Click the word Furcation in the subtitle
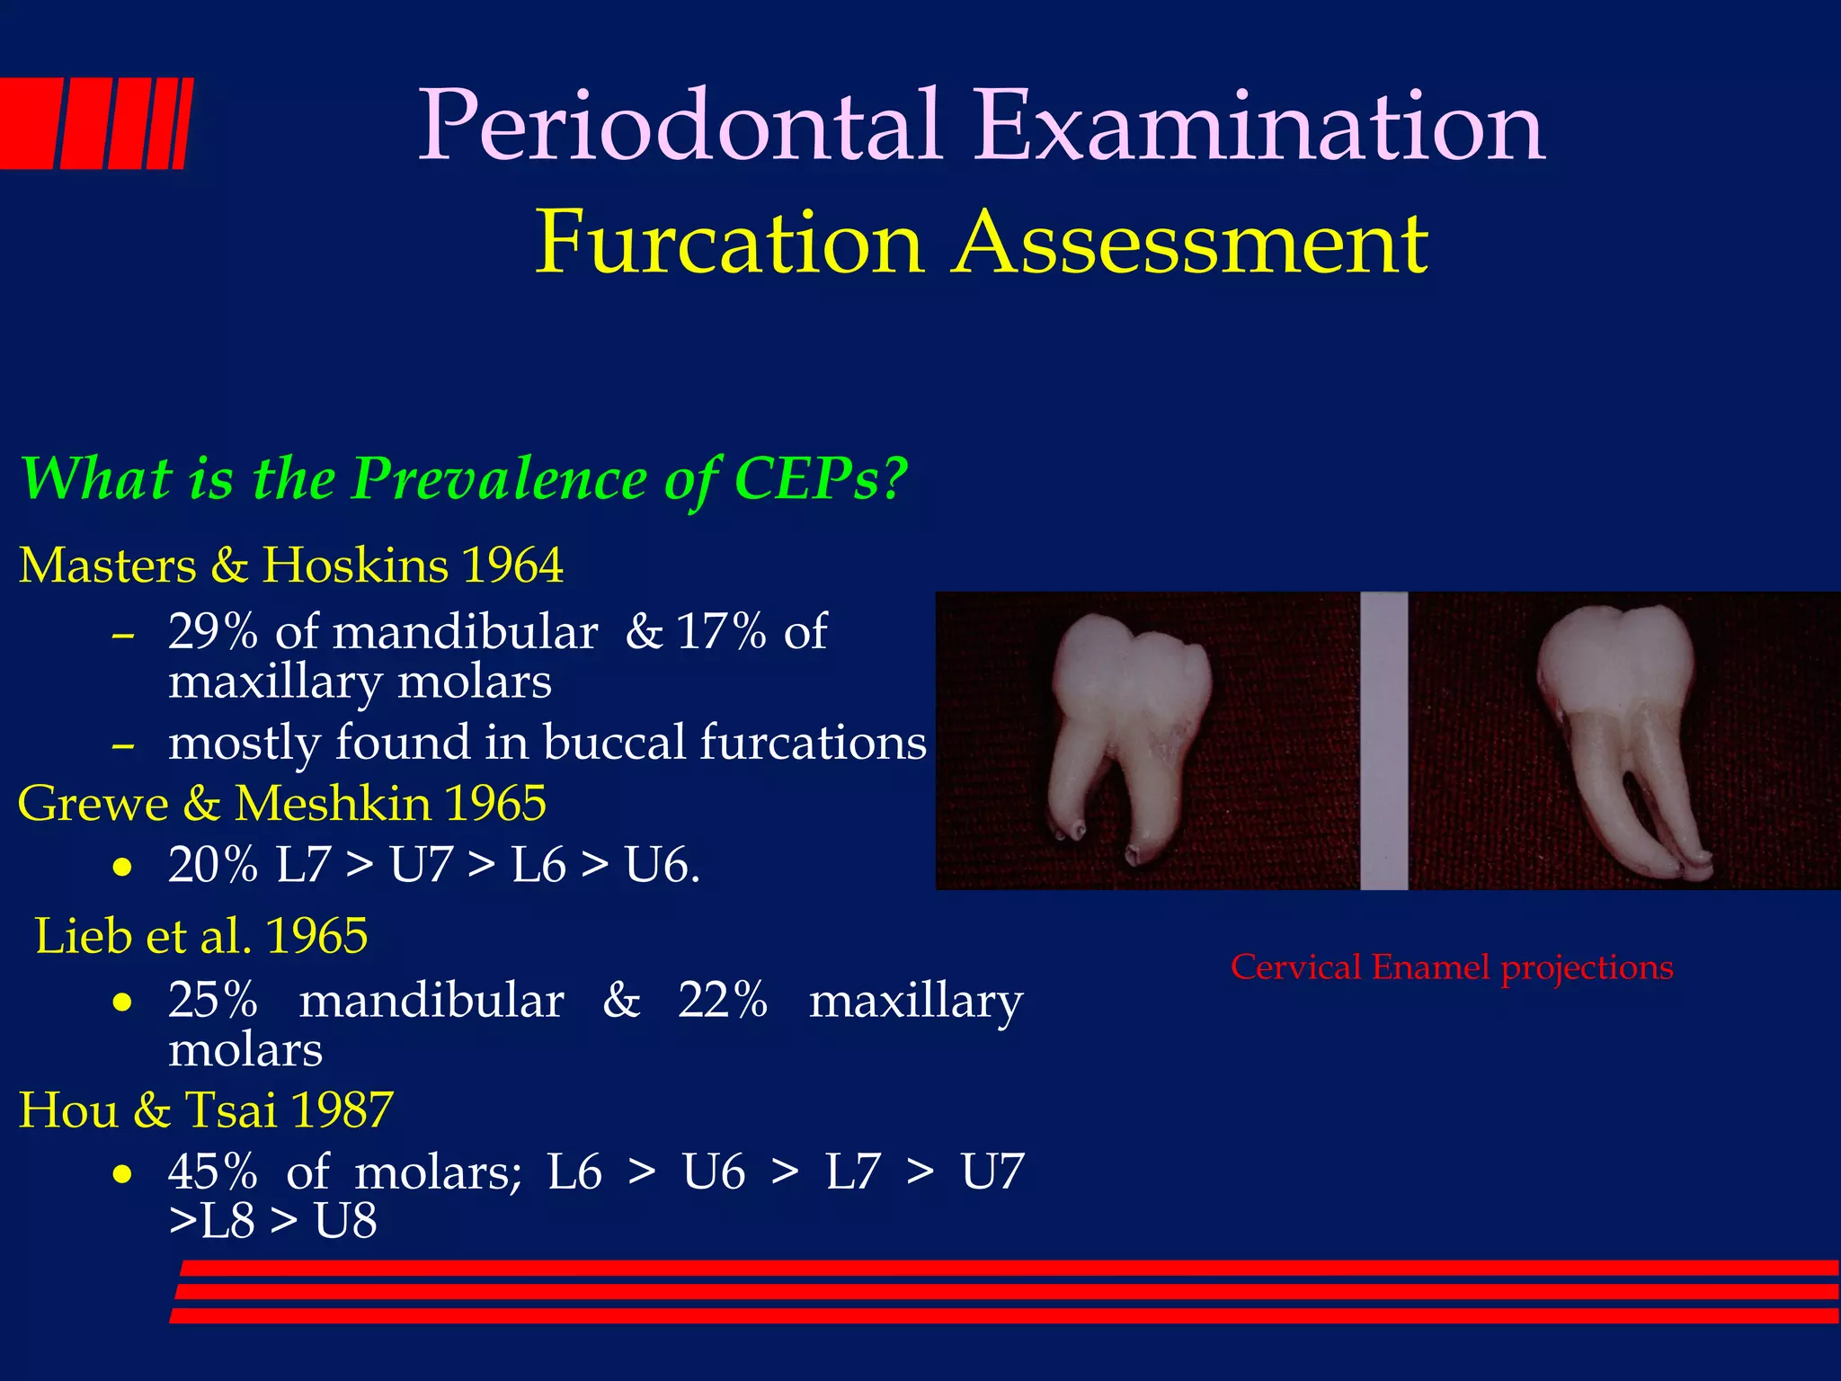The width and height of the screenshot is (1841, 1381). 729,243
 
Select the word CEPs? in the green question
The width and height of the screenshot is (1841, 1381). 821,478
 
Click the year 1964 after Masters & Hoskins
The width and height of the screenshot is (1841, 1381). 511,566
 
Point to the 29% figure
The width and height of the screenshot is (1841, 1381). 213,631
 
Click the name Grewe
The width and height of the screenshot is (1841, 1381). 93,803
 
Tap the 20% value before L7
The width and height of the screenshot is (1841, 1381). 213,865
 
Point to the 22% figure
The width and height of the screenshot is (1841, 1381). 723,1000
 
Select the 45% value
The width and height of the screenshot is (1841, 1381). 213,1172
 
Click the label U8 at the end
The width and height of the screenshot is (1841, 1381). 345,1221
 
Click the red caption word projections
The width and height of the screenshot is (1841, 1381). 1587,968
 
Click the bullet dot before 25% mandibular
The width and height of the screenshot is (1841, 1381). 123,1002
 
